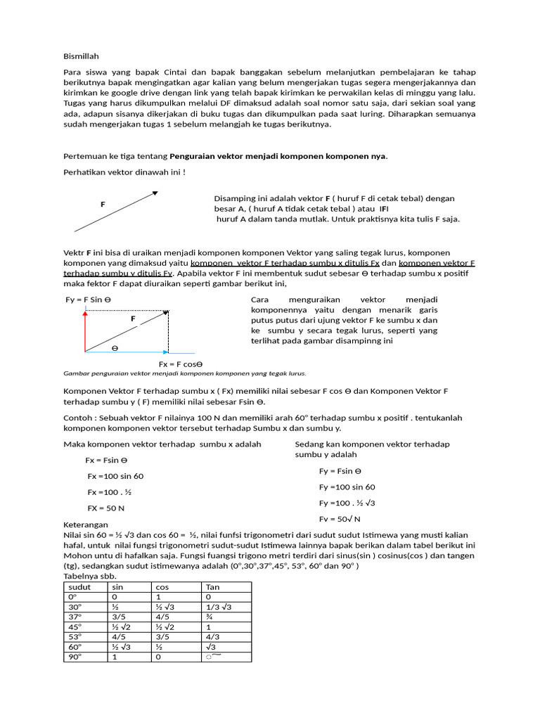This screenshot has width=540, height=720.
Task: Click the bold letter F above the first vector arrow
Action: point(103,204)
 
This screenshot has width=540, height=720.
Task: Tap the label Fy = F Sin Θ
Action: point(88,300)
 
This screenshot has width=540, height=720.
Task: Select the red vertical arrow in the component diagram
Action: point(86,330)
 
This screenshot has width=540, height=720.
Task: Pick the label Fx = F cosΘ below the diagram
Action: point(180,364)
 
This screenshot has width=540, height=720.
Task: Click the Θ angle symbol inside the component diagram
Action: point(115,348)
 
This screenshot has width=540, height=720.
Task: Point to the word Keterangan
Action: point(85,525)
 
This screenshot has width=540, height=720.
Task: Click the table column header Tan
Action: point(212,587)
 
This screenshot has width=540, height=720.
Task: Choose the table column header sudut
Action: point(79,587)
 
